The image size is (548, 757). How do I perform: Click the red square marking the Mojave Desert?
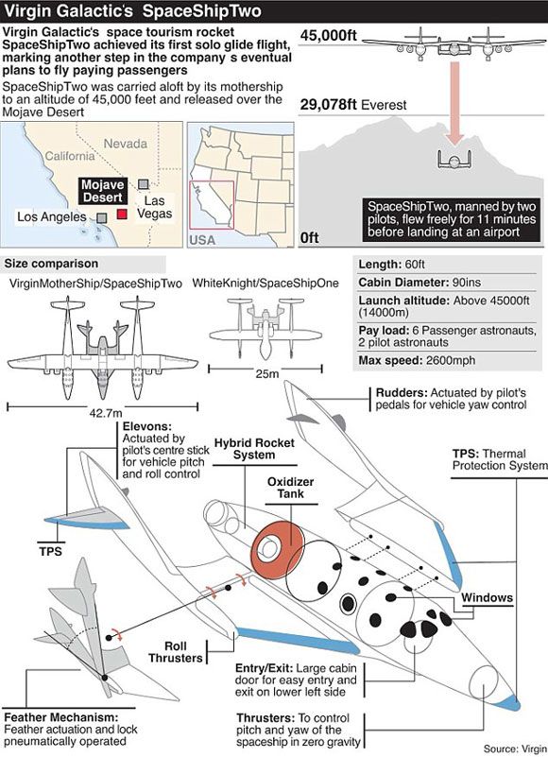pyautogui.click(x=122, y=214)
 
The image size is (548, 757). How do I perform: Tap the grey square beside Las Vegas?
pyautogui.click(x=144, y=184)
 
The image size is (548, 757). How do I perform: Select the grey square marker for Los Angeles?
pyautogui.click(x=101, y=218)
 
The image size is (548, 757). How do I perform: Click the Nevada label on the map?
pyautogui.click(x=126, y=144)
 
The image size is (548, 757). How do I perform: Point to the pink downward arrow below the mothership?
pyautogui.click(x=454, y=103)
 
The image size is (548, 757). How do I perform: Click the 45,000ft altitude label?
pyautogui.click(x=328, y=35)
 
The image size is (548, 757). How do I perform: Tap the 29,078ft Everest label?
pyautogui.click(x=353, y=105)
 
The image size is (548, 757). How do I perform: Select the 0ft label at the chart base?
pyautogui.click(x=310, y=238)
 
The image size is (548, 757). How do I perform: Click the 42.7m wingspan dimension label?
pyautogui.click(x=106, y=413)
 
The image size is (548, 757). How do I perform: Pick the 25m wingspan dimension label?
pyautogui.click(x=267, y=374)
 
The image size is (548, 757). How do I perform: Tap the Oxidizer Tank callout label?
pyautogui.click(x=291, y=488)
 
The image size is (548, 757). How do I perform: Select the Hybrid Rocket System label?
pyautogui.click(x=254, y=449)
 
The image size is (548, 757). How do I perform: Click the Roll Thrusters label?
pyautogui.click(x=176, y=652)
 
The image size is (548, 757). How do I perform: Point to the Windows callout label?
pyautogui.click(x=487, y=597)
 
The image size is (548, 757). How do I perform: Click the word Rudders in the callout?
pyautogui.click(x=402, y=392)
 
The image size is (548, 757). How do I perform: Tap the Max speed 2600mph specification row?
pyautogui.click(x=417, y=360)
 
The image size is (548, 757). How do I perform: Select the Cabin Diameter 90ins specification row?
pyautogui.click(x=420, y=283)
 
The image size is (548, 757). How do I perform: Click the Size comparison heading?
pyautogui.click(x=51, y=264)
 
